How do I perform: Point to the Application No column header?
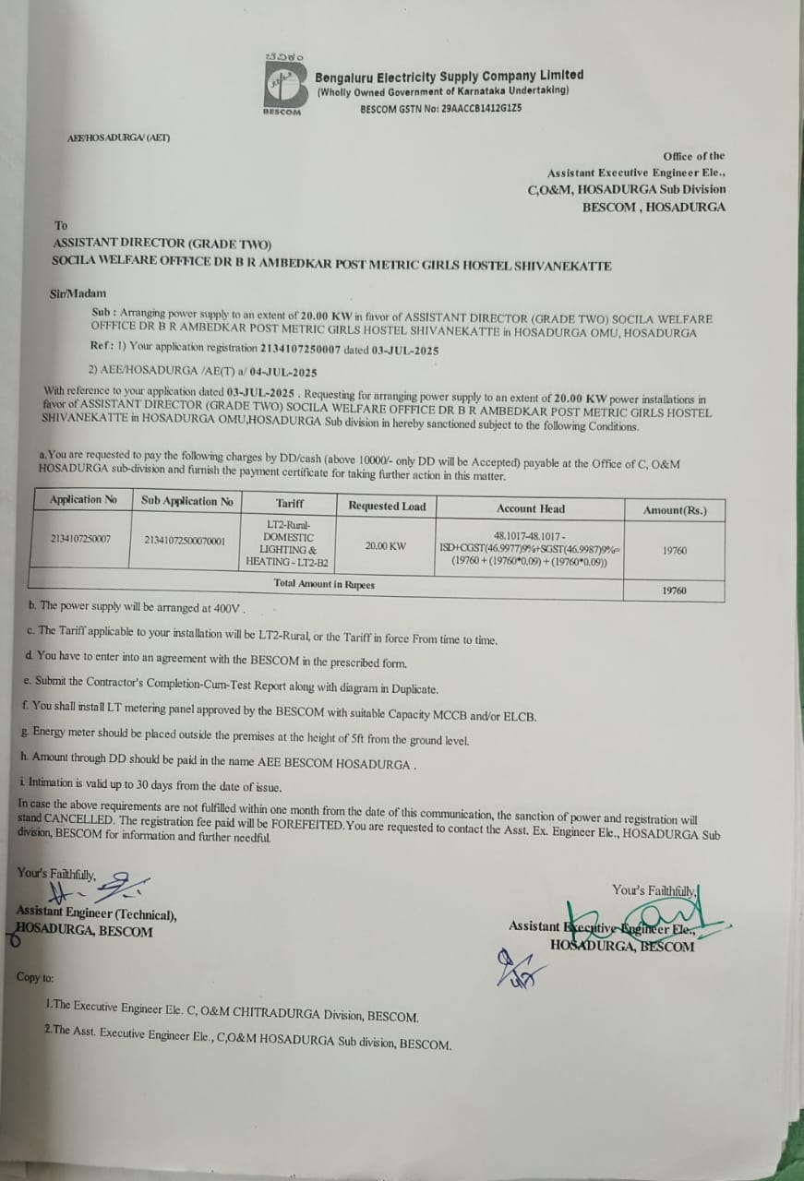point(83,500)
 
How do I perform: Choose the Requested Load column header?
point(387,506)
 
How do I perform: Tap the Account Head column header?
point(530,508)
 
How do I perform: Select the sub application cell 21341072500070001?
point(185,541)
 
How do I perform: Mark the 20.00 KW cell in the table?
point(385,545)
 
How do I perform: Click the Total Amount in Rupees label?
point(324,584)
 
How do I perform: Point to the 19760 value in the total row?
point(674,590)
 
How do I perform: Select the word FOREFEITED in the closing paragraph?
point(299,822)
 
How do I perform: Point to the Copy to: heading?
point(35,977)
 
